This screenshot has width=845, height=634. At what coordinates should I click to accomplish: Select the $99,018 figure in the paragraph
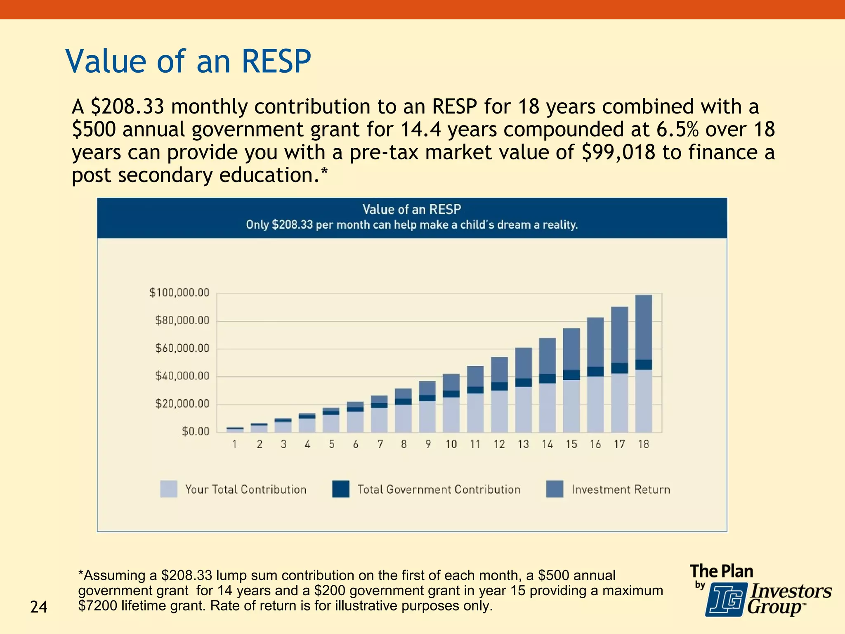click(x=618, y=152)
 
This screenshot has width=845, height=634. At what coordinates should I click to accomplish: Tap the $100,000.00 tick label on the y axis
click(x=179, y=293)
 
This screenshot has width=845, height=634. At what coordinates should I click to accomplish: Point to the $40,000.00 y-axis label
click(x=182, y=376)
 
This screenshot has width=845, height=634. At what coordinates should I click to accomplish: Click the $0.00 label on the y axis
click(x=195, y=432)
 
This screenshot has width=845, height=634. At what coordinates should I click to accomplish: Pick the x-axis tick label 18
click(x=643, y=444)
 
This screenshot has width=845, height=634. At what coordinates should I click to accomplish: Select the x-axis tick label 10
click(x=451, y=444)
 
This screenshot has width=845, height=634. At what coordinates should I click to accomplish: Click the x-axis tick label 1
click(x=235, y=444)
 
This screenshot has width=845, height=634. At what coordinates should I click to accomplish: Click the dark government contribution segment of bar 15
click(x=571, y=375)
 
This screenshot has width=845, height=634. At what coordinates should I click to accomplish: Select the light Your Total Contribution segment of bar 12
click(x=499, y=411)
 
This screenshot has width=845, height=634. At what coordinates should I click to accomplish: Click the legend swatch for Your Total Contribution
click(x=169, y=489)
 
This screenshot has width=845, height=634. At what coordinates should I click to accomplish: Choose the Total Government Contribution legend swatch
click(x=341, y=489)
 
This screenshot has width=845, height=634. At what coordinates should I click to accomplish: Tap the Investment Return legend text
click(x=621, y=490)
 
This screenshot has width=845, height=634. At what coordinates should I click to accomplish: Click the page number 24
click(x=39, y=607)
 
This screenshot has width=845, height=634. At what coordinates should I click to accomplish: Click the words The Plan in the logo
click(x=721, y=572)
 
